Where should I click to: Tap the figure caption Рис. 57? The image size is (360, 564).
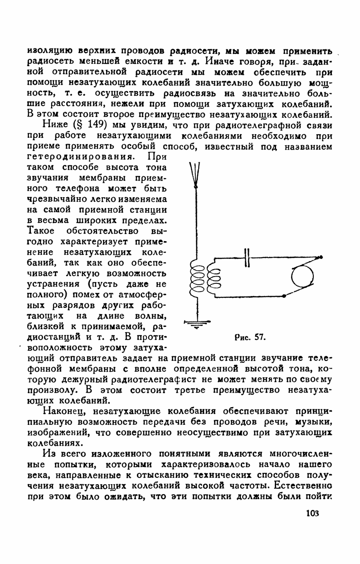coord(249,337)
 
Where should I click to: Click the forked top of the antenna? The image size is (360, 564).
coord(195,175)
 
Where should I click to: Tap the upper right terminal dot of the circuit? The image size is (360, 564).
coord(321,258)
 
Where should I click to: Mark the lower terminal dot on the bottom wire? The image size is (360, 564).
coord(284,296)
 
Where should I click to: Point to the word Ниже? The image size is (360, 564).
coord(56,125)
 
